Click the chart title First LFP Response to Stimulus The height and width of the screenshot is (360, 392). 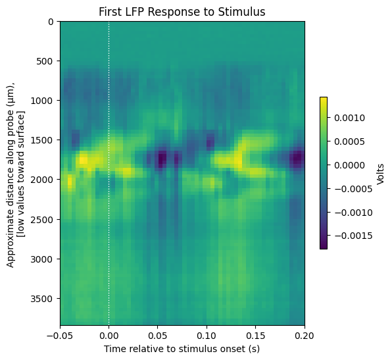[x=182, y=12]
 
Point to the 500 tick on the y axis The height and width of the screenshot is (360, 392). [x=45, y=61]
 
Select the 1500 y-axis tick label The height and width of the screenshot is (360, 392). [x=41, y=140]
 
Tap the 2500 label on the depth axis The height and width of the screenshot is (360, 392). [x=41, y=219]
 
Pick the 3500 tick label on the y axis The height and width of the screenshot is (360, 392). [x=41, y=299]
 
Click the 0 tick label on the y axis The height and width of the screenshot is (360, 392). [x=51, y=22]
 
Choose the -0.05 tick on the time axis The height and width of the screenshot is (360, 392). [x=60, y=336]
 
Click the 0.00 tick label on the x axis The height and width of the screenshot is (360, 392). [x=109, y=336]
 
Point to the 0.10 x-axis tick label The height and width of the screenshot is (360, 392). [x=207, y=336]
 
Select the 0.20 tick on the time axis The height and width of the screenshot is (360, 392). [x=305, y=336]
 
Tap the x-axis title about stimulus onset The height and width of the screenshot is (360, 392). [x=182, y=349]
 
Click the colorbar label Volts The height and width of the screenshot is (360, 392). [x=380, y=174]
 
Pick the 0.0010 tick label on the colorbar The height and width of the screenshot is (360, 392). [x=349, y=118]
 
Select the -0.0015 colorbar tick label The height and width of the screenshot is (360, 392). [x=353, y=236]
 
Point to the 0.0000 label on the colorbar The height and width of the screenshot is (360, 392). [x=349, y=165]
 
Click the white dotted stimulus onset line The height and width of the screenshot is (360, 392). [x=109, y=173]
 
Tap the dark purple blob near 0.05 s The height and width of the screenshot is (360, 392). [x=162, y=159]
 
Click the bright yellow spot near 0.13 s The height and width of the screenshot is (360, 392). [x=239, y=160]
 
